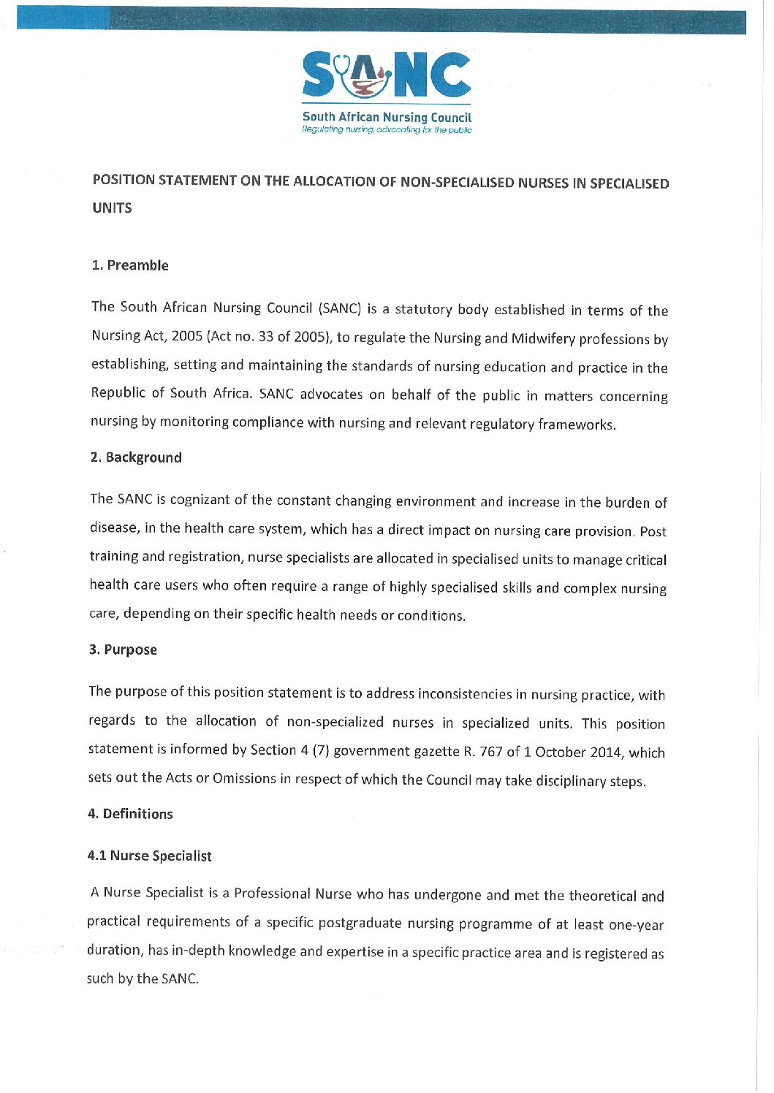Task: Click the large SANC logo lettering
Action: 387,75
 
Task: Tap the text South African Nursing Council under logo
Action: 387,117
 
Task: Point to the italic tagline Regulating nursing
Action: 387,130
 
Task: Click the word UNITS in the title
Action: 112,208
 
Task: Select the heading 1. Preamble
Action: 130,265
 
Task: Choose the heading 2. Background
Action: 136,457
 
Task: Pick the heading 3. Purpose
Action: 123,650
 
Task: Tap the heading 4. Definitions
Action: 130,814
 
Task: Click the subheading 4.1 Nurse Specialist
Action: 149,856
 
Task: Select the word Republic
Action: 118,392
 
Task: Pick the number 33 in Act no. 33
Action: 266,337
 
